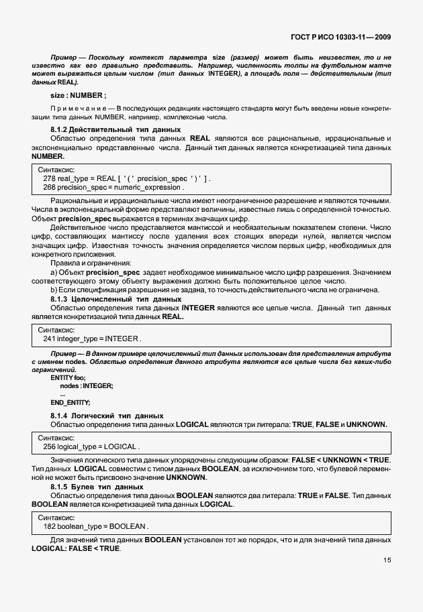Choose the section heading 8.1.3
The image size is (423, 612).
click(115, 298)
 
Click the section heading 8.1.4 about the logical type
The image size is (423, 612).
click(107, 416)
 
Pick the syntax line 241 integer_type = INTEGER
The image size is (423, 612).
click(92, 339)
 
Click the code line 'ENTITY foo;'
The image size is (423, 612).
click(68, 378)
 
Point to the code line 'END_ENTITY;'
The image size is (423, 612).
click(70, 402)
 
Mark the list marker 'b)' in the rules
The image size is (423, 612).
click(54, 290)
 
